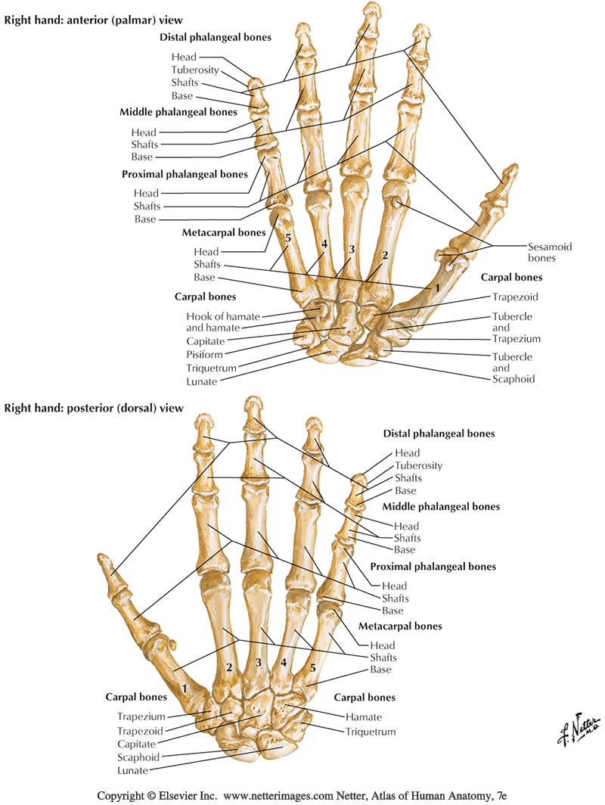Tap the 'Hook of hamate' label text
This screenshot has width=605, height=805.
pos(213,315)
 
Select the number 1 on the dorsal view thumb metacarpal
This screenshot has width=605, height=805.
pos(185,689)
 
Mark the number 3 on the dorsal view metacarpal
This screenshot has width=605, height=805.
pos(259,664)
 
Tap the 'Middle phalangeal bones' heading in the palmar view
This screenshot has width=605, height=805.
pos(178,113)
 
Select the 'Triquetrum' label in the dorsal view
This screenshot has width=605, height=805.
pos(371,732)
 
